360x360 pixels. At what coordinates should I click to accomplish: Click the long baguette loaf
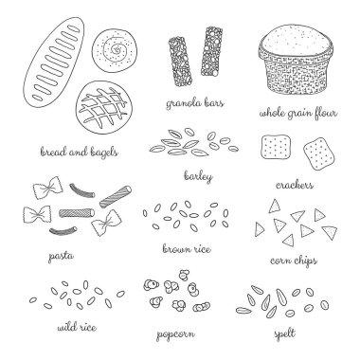tap(54, 63)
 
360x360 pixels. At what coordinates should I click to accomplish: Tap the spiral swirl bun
tap(115, 49)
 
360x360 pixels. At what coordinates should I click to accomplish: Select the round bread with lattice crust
tap(104, 107)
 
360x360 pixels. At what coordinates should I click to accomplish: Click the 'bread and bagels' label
tap(80, 152)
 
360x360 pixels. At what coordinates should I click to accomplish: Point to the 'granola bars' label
tap(195, 103)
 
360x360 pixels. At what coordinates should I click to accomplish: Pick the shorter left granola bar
tap(180, 62)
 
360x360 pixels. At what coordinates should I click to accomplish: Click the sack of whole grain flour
tap(296, 60)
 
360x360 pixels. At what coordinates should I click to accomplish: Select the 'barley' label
tap(198, 176)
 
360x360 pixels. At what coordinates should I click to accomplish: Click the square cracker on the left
tap(276, 147)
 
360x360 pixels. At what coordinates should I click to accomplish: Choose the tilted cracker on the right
tap(319, 153)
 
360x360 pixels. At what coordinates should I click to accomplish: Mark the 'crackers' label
tap(295, 185)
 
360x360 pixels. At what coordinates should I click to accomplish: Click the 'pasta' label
tap(61, 256)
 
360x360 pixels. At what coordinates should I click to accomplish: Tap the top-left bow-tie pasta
tap(47, 188)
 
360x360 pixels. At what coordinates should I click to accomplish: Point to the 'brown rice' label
tap(187, 249)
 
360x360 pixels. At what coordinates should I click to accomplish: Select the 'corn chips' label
tap(294, 261)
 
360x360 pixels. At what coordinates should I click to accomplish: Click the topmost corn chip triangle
tap(274, 206)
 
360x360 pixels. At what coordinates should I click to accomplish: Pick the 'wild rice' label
tap(77, 328)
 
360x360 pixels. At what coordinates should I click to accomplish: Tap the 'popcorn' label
tap(175, 334)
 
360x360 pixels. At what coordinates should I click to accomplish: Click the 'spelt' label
tap(284, 333)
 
